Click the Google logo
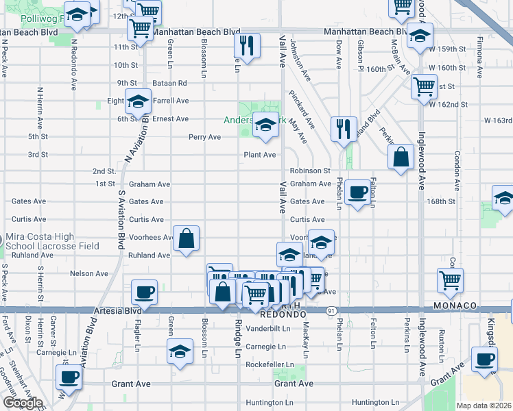[23, 403]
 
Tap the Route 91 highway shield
[331, 310]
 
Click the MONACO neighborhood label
[455, 305]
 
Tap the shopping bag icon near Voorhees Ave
[187, 240]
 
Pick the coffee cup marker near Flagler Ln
[144, 292]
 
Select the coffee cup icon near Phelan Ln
[357, 192]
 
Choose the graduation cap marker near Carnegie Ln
[180, 351]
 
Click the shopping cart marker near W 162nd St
[425, 87]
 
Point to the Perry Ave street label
[205, 137]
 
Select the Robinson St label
[310, 171]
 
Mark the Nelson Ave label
[89, 273]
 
